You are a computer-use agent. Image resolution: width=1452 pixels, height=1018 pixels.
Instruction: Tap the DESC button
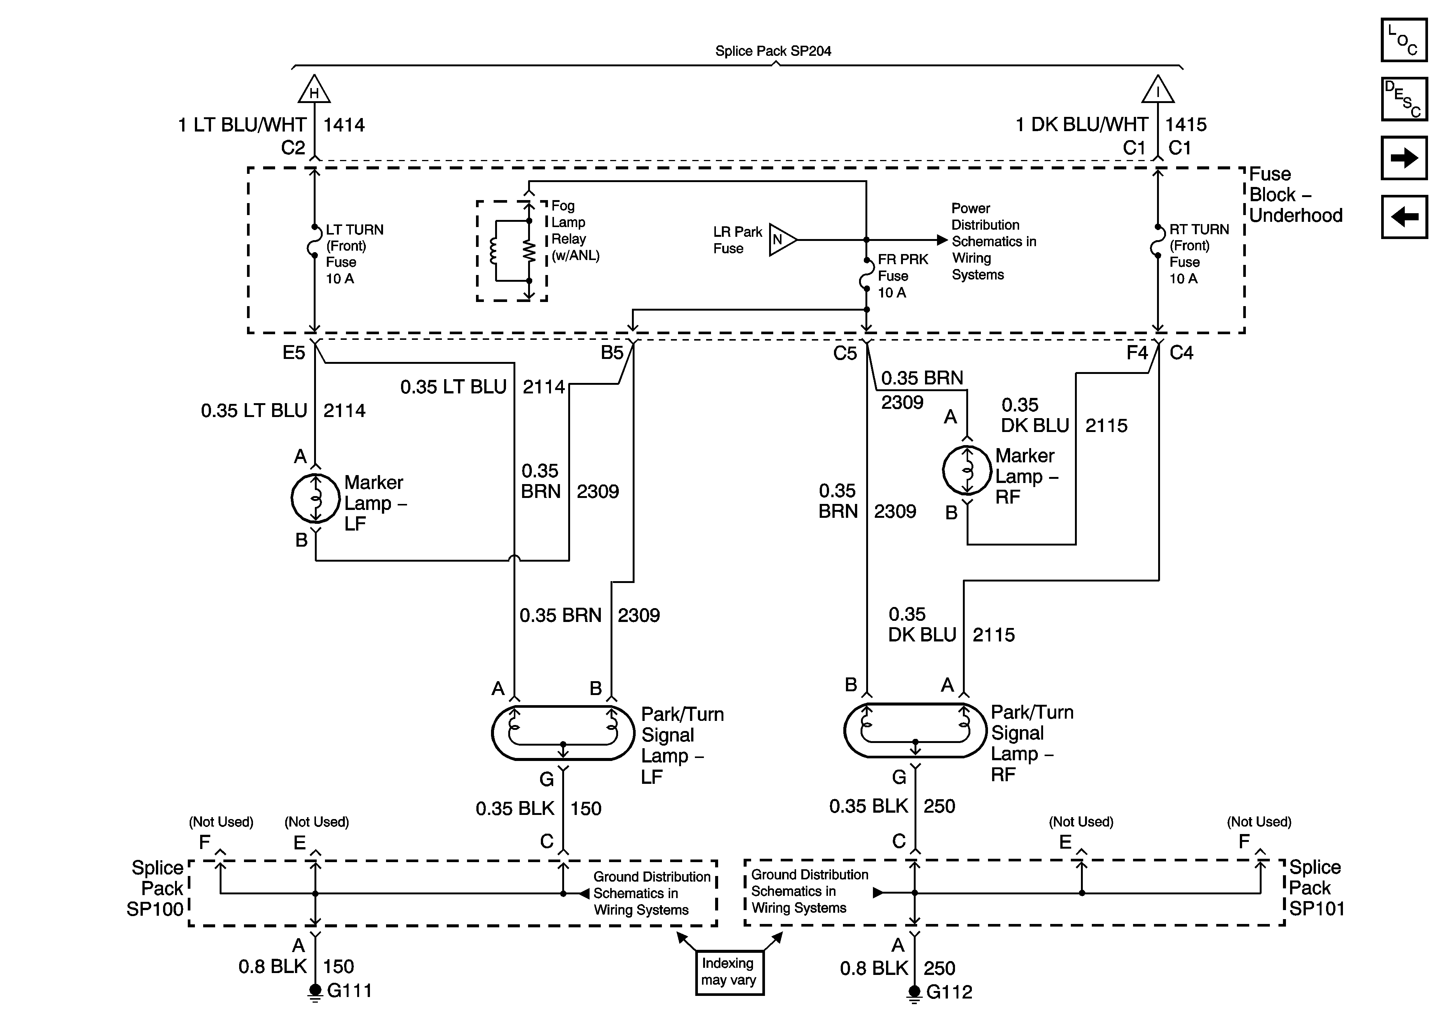(x=1404, y=99)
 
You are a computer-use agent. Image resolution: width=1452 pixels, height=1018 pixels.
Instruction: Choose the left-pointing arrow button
(x=1404, y=217)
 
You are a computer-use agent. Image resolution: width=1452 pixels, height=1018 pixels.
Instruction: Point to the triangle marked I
(x=1158, y=90)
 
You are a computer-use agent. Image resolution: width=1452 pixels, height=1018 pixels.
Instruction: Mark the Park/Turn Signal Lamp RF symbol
(x=915, y=730)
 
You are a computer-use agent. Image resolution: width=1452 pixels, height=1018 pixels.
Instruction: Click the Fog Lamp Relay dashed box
(x=512, y=251)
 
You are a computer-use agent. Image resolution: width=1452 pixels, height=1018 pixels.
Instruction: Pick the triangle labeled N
(x=781, y=240)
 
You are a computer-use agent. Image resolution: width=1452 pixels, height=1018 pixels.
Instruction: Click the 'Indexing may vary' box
(x=729, y=972)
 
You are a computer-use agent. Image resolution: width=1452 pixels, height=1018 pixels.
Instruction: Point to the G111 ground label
(x=349, y=990)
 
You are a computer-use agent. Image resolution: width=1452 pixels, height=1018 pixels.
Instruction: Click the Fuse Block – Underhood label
(x=1295, y=195)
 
